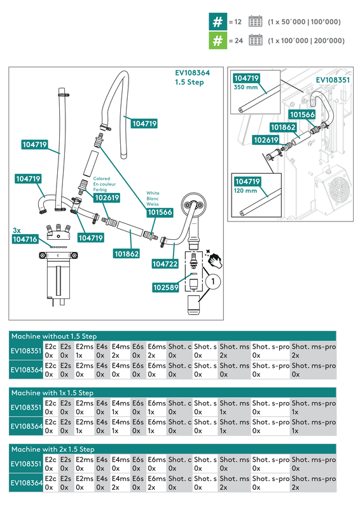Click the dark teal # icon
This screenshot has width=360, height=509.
pos(217,22)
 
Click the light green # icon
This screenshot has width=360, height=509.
pos(217,41)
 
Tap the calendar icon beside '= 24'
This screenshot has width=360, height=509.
pos(255,41)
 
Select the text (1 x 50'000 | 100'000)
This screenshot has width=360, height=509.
pos(304,22)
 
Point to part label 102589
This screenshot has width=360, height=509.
pos(165,287)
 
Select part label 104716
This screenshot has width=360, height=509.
pos(25,239)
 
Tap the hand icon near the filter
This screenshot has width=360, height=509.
pos(217,260)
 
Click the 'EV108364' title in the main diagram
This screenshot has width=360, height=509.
pos(192,73)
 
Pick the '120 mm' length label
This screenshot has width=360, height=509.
pos(246,190)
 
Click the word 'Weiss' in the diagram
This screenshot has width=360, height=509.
pos(153,204)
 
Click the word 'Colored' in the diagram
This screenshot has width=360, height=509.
pos(102,179)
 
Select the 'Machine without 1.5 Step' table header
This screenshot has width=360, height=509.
pos(54,336)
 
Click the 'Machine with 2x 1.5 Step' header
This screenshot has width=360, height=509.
pos(53,449)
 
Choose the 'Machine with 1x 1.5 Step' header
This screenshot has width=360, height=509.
pos(52,393)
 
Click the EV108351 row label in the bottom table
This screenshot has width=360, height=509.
pos(25,464)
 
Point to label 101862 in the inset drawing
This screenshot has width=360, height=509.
pos(284,127)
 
